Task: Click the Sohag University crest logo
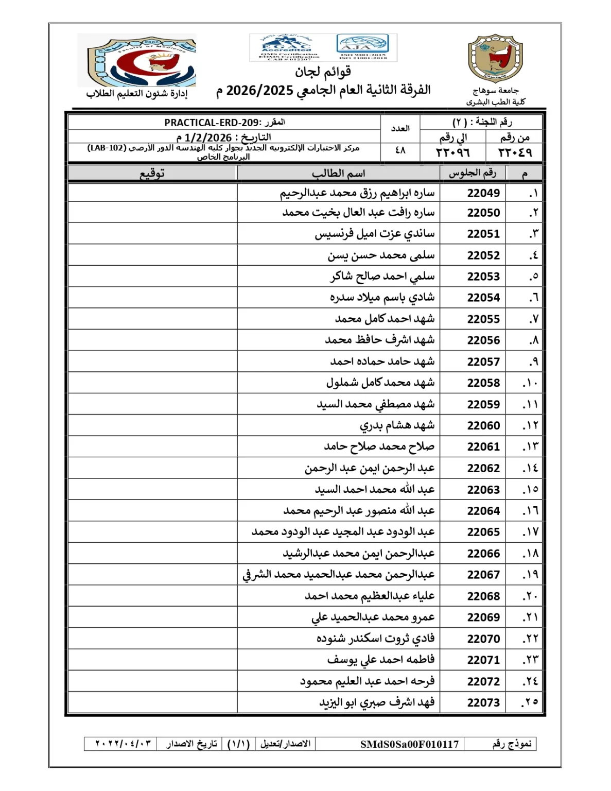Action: point(495,59)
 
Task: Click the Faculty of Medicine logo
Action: point(137,61)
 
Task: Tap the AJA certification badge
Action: point(362,47)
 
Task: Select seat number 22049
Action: point(483,193)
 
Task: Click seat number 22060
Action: point(483,425)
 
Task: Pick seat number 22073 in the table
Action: point(483,702)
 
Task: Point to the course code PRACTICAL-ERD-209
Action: point(213,123)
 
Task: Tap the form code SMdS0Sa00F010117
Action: point(409,744)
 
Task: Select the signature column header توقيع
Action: point(152,174)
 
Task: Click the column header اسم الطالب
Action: point(338,174)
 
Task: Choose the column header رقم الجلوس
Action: point(472,173)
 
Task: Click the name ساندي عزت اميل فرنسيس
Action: point(375,234)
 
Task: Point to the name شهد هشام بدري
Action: point(397,425)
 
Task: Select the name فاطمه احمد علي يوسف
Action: point(381,660)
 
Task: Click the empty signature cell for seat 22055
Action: point(152,319)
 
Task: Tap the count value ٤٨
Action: point(400,150)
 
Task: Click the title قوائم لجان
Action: point(323,72)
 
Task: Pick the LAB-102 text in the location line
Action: point(107,148)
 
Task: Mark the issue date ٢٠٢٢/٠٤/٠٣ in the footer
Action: point(123,744)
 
